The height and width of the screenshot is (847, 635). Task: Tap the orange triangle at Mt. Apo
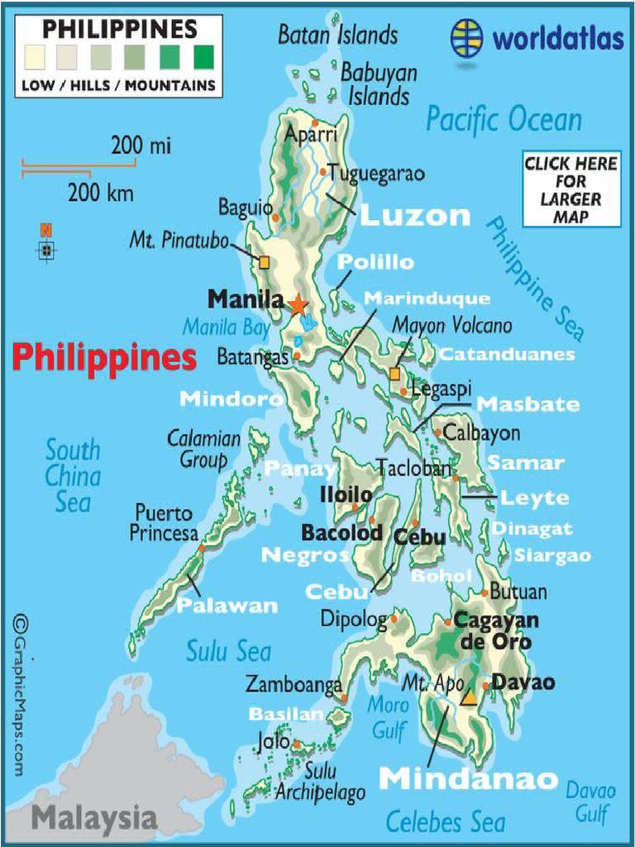click(x=469, y=697)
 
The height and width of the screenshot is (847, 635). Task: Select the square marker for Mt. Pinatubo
click(x=264, y=262)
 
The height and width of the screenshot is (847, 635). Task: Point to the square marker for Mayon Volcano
click(x=394, y=374)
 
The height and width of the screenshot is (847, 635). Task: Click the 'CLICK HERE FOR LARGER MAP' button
click(x=571, y=188)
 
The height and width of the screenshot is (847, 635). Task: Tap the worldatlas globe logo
click(x=467, y=38)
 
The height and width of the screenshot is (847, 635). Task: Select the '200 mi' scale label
click(x=141, y=146)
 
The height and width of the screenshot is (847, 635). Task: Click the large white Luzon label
click(x=415, y=216)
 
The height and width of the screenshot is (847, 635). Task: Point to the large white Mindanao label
click(x=468, y=778)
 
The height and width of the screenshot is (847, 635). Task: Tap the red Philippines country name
click(x=104, y=358)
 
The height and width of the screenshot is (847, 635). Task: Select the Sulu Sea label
click(x=228, y=652)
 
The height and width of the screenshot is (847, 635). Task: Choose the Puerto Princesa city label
click(x=163, y=524)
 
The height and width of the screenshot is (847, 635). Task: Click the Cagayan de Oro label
click(x=493, y=631)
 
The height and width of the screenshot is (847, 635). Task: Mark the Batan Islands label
click(x=337, y=35)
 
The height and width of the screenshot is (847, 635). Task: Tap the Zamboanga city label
click(x=294, y=685)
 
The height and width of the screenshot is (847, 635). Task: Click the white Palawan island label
click(x=227, y=606)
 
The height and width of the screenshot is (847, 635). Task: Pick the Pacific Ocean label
click(x=504, y=120)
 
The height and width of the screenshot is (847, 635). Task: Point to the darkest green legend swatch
click(x=203, y=57)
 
